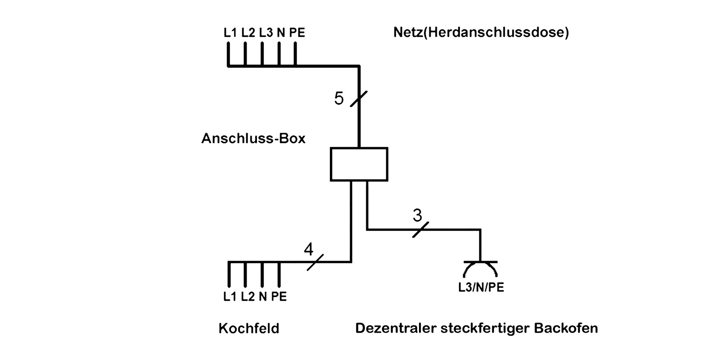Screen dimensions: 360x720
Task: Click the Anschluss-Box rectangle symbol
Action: [x=359, y=164]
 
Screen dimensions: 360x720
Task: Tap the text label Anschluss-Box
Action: [x=253, y=138]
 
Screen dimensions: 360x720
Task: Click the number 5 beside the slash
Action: [x=339, y=99]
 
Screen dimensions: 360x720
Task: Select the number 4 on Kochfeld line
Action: [x=308, y=249]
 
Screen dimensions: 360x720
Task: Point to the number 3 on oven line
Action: [x=417, y=216]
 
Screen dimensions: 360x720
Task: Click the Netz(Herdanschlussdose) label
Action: [x=481, y=33]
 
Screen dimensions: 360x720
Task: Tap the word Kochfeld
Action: [x=249, y=328]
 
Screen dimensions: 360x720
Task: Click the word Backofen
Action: [x=566, y=328]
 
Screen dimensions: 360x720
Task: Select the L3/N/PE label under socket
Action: [x=481, y=288]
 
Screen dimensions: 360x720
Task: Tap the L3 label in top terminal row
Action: [x=265, y=33]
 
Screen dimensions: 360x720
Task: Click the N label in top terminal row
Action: [x=281, y=33]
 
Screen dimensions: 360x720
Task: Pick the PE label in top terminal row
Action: [x=297, y=33]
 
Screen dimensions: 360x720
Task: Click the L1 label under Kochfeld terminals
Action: [x=229, y=297]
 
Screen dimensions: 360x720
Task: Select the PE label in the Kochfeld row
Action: [x=279, y=297]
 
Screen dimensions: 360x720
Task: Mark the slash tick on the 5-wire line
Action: [x=359, y=99]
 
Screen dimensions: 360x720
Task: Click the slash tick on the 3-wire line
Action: [x=421, y=229]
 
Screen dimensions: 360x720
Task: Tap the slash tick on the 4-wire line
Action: [x=315, y=262]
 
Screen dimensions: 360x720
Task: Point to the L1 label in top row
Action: [x=230, y=33]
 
